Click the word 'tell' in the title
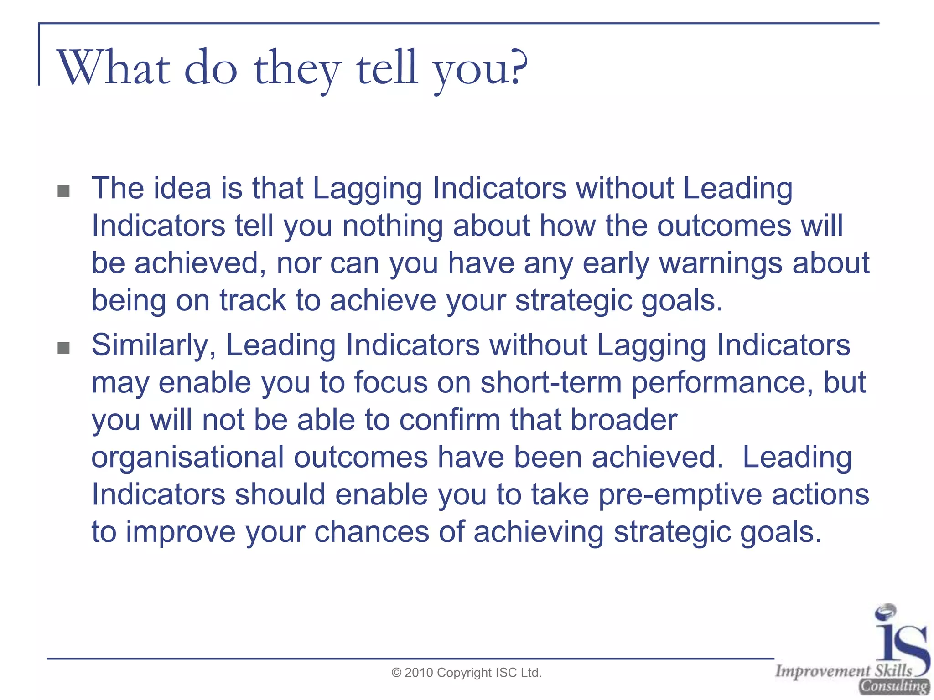(x=387, y=68)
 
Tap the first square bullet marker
(x=64, y=191)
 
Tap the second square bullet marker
(x=64, y=348)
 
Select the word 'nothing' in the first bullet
(x=392, y=226)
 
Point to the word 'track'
(x=252, y=300)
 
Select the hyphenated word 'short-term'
(x=551, y=382)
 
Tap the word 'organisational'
(x=187, y=457)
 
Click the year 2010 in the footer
(x=419, y=673)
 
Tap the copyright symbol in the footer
(x=396, y=673)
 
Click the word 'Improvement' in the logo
(x=823, y=671)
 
